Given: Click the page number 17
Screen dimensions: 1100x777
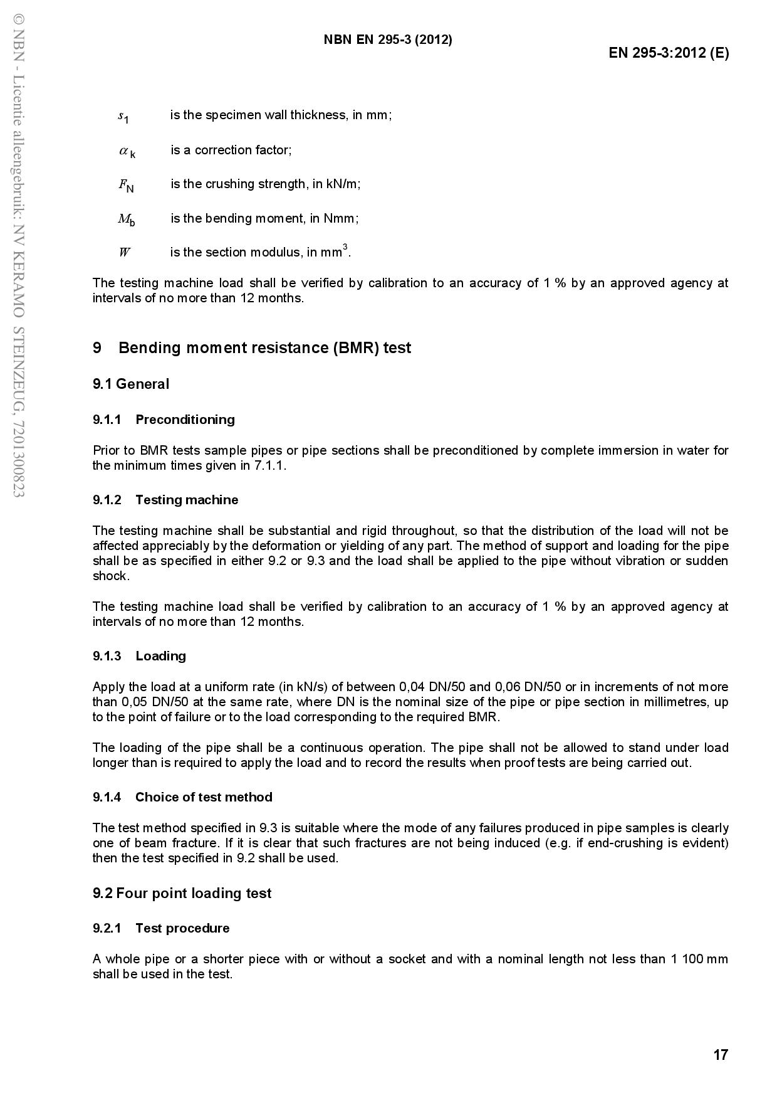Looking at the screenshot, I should point(721,1055).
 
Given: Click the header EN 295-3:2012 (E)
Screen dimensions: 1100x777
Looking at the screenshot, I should point(669,53).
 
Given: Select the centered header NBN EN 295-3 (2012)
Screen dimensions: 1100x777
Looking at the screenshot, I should point(388,40).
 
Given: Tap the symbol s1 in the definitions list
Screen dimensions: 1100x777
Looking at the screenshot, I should point(123,116).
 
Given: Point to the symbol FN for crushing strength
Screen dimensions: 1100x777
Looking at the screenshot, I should point(126,185).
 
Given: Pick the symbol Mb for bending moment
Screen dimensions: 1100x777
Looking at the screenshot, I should point(126,219).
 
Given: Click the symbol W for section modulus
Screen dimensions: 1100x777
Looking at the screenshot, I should point(124,253).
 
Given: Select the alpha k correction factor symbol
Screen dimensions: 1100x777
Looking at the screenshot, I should point(127,151).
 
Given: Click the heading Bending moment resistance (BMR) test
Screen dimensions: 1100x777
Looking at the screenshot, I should point(264,348).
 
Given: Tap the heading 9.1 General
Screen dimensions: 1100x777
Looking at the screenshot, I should point(131,384).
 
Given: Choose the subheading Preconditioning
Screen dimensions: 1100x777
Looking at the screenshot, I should point(185,420).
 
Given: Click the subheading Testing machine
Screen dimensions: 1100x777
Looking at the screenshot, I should point(187,500).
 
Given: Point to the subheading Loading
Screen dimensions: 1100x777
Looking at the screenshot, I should point(160,656).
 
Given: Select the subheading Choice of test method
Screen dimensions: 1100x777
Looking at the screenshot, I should point(204,797).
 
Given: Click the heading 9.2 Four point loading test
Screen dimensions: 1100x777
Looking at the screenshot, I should point(182,893).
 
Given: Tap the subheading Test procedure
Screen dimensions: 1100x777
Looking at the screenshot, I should point(182,928).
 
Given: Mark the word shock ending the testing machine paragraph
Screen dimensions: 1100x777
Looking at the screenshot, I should point(110,576).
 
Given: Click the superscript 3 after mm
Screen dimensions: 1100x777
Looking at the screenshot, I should point(345,247).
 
